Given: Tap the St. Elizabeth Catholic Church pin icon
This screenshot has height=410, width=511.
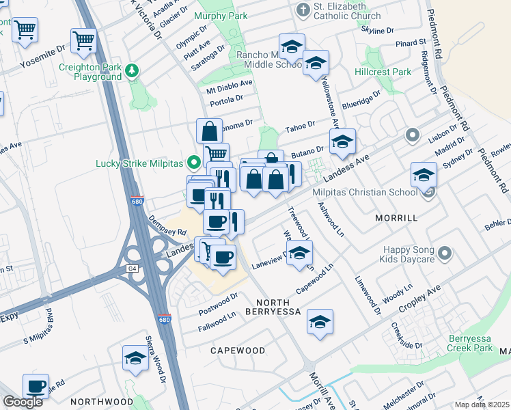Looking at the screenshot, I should click(303, 10).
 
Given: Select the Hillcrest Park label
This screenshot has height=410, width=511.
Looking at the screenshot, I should click(383, 72).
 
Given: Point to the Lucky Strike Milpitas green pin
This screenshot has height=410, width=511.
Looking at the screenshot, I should click(195, 163).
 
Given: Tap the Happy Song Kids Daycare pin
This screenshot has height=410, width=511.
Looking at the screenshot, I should click(445, 254).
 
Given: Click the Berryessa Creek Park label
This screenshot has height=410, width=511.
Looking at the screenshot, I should click(471, 343).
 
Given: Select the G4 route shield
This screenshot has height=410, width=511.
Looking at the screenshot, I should click(132, 269).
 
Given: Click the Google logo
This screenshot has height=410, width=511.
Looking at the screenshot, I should click(23, 402).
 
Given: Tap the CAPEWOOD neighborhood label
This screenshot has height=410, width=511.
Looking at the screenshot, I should click(237, 351).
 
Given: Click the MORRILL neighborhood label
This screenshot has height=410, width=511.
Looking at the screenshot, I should click(396, 218).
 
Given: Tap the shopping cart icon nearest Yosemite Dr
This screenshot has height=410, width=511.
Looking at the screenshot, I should click(83, 41).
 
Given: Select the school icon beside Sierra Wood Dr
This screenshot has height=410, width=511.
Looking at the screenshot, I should click(135, 357).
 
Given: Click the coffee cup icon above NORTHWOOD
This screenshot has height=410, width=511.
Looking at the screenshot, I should click(36, 386).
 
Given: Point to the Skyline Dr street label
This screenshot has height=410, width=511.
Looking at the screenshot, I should click(381, 31).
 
